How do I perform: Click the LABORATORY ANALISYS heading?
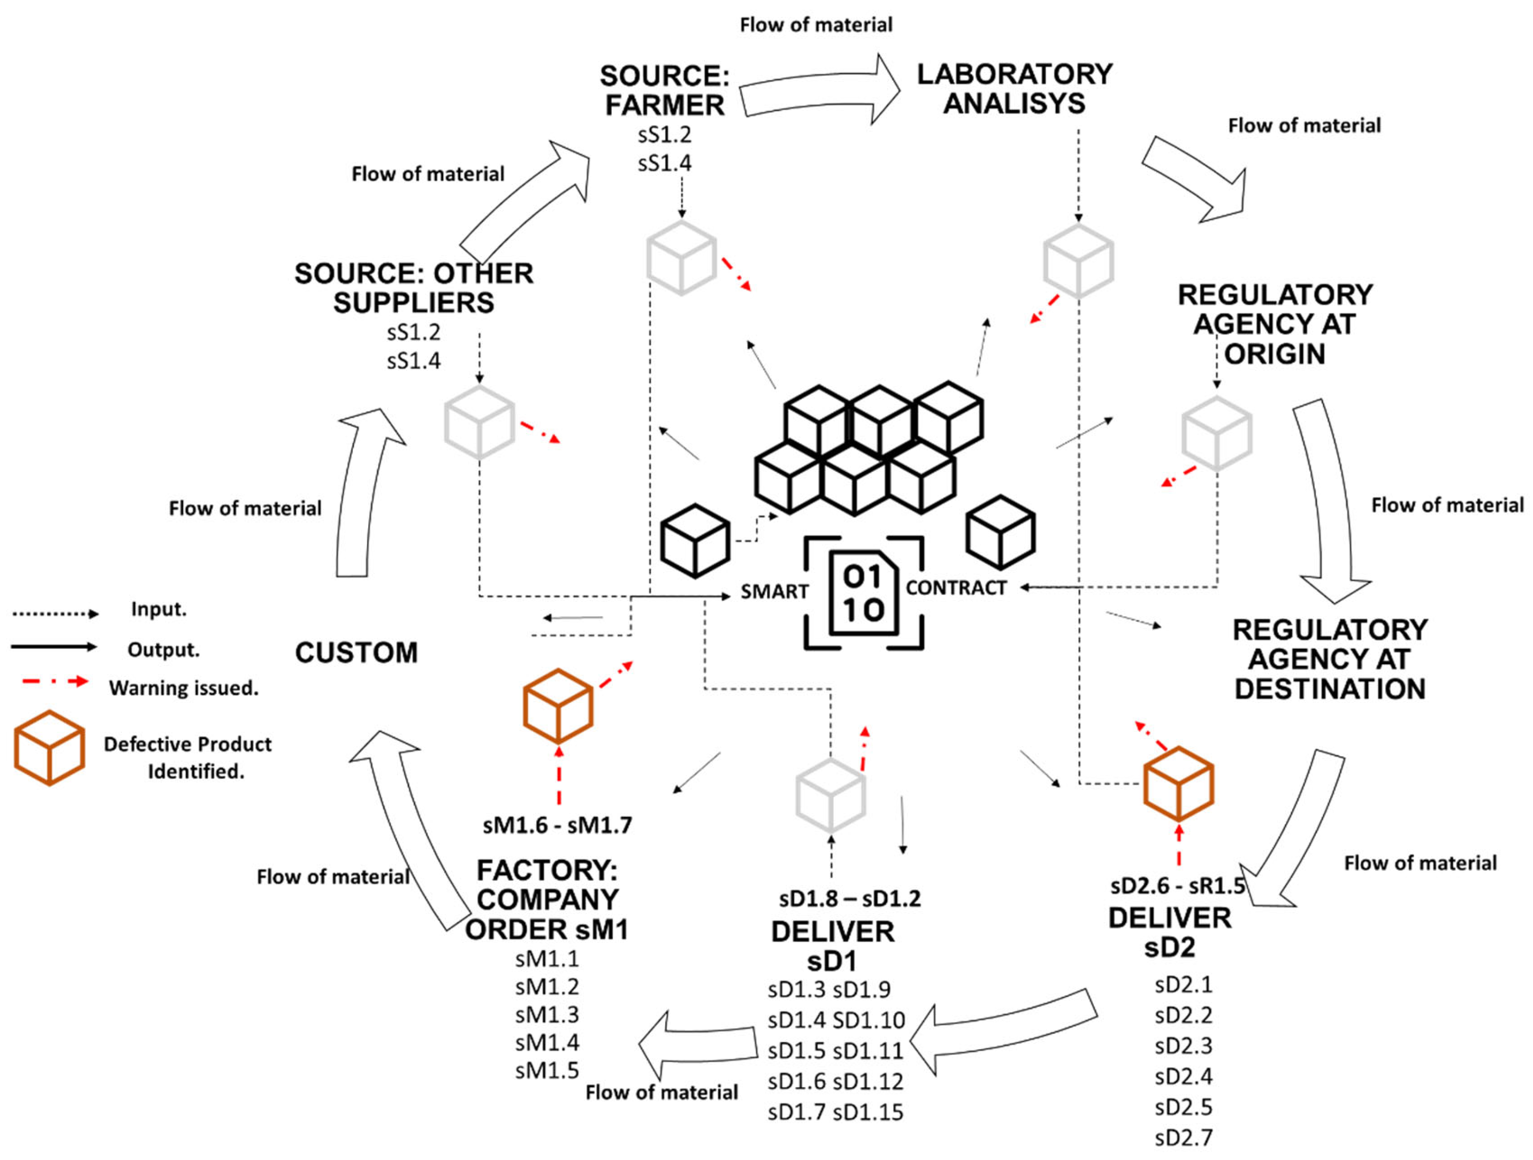pyautogui.click(x=1015, y=89)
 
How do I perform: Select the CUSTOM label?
pyautogui.click(x=356, y=653)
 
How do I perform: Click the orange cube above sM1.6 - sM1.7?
pyautogui.click(x=558, y=705)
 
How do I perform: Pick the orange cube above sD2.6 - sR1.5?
pyautogui.click(x=1178, y=783)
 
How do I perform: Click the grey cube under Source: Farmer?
pyautogui.click(x=681, y=258)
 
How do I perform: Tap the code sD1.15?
pyautogui.click(x=868, y=1112)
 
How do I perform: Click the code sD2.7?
pyautogui.click(x=1184, y=1137)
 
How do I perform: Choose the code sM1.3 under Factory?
pyautogui.click(x=547, y=1015)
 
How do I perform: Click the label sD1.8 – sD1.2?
pyautogui.click(x=850, y=899)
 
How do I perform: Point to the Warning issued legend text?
pyautogui.click(x=184, y=688)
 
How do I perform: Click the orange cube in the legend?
pyautogui.click(x=49, y=748)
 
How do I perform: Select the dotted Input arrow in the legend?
pyautogui.click(x=56, y=613)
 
